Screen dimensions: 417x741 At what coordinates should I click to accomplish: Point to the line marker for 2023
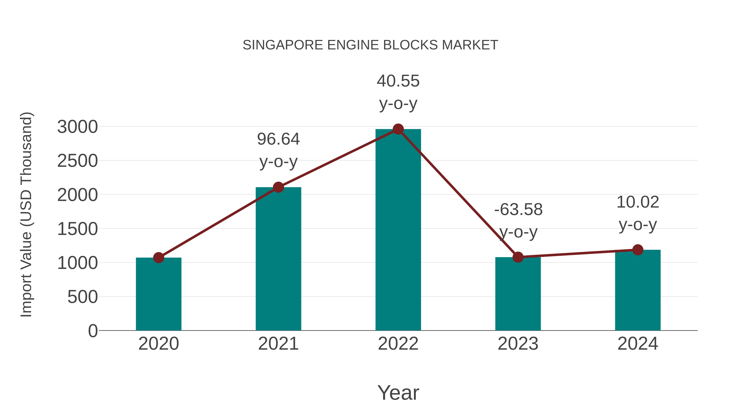pos(518,257)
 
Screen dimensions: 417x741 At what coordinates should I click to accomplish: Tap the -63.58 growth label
pos(518,209)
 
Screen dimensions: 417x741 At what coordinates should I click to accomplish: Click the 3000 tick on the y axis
pos(78,127)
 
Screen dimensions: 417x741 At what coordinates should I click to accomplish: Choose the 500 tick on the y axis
pos(83,297)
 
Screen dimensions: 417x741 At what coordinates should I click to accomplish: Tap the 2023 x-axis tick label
pos(518,344)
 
